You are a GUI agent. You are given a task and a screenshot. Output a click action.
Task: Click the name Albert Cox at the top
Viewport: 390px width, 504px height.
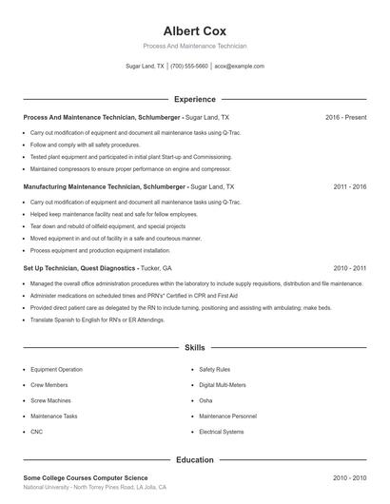(194, 30)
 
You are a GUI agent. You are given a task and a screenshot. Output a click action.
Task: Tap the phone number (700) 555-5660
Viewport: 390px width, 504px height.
(189, 67)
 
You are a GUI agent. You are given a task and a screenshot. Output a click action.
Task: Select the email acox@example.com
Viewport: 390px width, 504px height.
(239, 67)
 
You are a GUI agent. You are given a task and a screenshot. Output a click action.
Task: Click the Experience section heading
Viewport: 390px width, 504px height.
(194, 99)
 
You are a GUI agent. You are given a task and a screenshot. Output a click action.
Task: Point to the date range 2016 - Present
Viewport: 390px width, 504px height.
(345, 117)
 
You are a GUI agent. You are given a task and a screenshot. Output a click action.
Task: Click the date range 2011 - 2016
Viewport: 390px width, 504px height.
(349, 187)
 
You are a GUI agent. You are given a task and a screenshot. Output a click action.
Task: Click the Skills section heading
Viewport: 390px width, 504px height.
(194, 349)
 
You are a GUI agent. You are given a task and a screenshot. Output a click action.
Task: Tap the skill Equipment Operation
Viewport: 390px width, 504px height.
(56, 369)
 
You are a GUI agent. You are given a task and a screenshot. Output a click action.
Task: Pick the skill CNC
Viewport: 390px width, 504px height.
(36, 432)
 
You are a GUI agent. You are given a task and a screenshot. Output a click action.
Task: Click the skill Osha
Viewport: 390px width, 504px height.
(205, 400)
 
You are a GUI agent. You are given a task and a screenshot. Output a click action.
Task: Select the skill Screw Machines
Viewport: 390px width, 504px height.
(50, 400)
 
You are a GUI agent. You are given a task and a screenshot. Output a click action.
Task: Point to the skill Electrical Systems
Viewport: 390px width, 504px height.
(221, 432)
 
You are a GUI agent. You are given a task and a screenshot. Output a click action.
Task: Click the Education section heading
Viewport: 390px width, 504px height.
(194, 459)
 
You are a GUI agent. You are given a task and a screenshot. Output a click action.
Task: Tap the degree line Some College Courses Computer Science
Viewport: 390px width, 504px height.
(85, 477)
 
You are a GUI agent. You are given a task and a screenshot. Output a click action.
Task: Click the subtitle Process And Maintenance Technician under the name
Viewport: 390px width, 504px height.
(194, 46)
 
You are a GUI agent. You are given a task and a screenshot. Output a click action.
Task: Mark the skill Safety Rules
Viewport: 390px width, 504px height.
(214, 369)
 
